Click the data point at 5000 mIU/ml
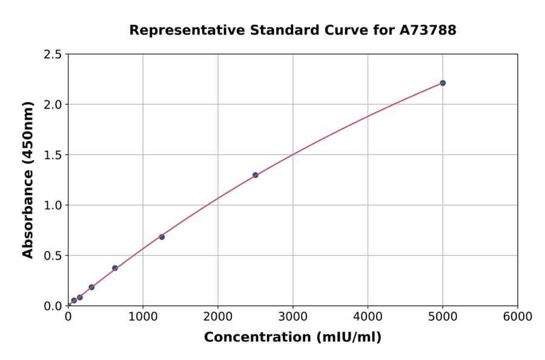[443, 83]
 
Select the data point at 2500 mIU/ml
[256, 175]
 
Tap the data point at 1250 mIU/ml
[162, 237]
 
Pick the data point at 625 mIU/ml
[115, 268]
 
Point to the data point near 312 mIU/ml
[91, 287]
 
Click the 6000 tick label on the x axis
[518, 317]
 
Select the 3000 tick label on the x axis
[293, 317]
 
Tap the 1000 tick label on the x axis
[143, 317]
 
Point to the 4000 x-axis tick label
[368, 317]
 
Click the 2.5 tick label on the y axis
[53, 55]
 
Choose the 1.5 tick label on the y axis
[53, 155]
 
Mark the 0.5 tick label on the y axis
[53, 256]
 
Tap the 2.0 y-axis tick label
[53, 105]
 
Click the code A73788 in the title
[429, 30]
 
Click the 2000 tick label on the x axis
[218, 317]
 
